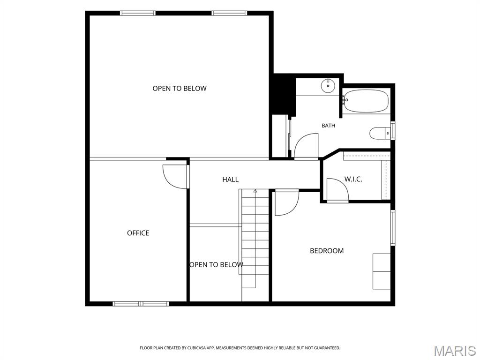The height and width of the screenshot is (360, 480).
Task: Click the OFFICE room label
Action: pos(138,233)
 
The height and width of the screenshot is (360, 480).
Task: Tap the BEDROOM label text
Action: pos(327,251)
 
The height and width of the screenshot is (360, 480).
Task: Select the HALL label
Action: pos(230,180)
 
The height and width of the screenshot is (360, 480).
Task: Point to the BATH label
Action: pos(328,126)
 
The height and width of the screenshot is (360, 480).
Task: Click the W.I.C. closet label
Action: pos(353,179)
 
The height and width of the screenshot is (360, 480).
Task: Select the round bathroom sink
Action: pos(328,85)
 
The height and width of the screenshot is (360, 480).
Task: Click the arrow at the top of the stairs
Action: pos(255,191)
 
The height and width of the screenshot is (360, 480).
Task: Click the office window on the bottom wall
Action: pos(141,304)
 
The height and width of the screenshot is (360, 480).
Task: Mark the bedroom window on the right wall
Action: pos(393,227)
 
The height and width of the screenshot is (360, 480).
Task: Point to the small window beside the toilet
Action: pos(393,131)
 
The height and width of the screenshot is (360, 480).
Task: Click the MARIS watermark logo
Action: pos(455,351)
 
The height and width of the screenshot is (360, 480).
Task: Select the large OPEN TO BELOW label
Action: pos(180,89)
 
